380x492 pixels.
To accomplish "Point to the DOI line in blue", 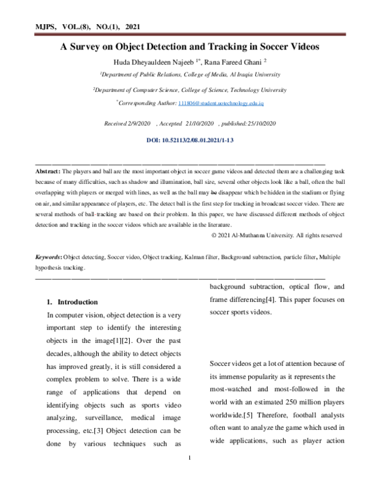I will [x=190, y=139].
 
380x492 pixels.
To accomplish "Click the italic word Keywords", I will [x=48, y=258].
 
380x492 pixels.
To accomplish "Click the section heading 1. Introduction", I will [x=73, y=302].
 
